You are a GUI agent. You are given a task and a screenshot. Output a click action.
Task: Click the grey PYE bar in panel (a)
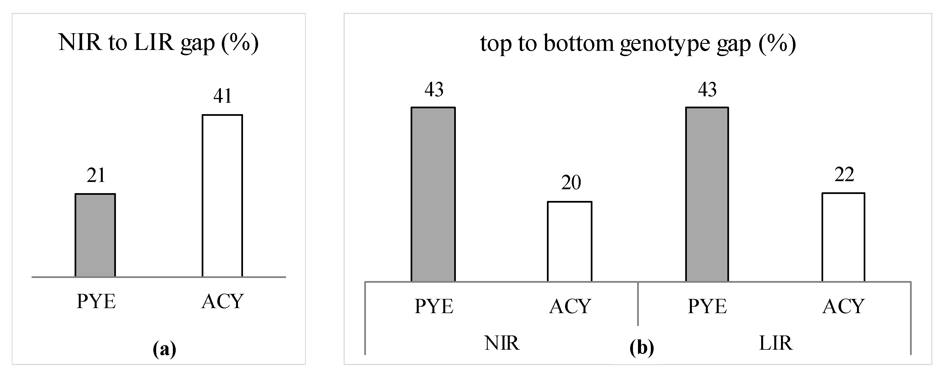95,235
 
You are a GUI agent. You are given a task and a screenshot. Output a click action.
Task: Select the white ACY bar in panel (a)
222,196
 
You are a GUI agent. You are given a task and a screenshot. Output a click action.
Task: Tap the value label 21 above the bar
96,175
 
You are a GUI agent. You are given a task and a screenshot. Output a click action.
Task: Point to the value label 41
223,96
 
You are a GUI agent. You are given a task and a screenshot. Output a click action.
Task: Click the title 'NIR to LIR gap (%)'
158,43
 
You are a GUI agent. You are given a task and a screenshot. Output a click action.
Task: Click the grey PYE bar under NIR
433,194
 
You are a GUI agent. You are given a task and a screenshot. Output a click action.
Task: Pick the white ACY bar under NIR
569,241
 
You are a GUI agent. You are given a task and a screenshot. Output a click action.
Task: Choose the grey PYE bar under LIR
707,194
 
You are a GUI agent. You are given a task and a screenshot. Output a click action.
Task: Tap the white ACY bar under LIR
844,237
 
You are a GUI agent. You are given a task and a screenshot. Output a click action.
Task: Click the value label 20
571,183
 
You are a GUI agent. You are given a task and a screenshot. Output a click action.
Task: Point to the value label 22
844,174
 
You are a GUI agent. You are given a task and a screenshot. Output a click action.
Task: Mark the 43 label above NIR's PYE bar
434,90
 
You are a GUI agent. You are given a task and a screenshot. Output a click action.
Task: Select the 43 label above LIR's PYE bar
707,90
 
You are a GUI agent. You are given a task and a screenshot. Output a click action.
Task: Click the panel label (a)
164,349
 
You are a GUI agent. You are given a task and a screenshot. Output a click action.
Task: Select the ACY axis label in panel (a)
222,302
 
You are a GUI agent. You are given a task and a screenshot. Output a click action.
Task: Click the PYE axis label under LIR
707,306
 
